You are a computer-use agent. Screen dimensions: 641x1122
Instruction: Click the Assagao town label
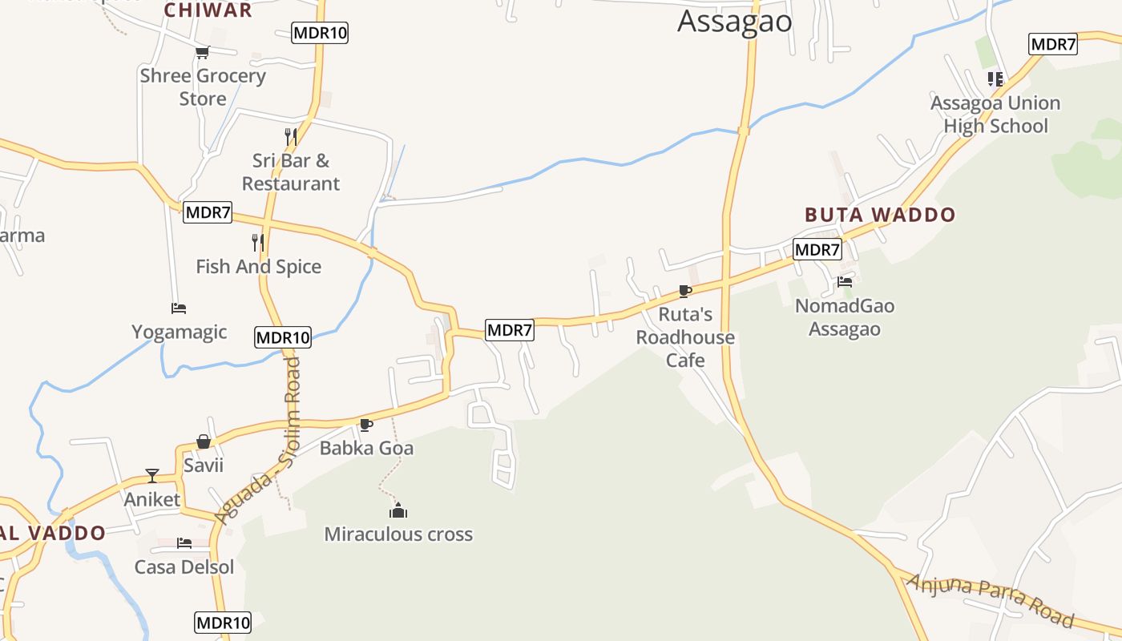[734, 22]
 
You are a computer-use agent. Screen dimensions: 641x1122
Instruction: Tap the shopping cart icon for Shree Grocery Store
[202, 53]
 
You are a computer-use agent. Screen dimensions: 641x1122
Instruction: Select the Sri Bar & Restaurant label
[290, 172]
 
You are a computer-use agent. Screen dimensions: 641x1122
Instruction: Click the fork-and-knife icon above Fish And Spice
[257, 242]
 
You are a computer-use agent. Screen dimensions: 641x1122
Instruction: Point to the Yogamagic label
[180, 332]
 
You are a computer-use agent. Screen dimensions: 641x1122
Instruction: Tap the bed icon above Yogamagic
[179, 308]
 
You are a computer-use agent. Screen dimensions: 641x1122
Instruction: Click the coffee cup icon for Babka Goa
[366, 425]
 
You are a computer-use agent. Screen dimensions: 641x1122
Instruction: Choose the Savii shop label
[204, 466]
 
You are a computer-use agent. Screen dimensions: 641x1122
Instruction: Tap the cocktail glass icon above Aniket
[152, 476]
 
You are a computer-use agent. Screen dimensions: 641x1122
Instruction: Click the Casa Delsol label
[184, 567]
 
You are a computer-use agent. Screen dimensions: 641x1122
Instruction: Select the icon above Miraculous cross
[398, 510]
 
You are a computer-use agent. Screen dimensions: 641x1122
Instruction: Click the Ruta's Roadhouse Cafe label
[685, 337]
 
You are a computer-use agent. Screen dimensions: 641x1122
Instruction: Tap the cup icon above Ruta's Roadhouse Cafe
[684, 291]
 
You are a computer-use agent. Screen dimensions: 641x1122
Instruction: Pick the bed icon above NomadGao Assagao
[845, 282]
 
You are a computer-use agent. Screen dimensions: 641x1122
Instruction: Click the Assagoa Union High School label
[995, 115]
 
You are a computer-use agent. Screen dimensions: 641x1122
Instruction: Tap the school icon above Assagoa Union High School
[995, 79]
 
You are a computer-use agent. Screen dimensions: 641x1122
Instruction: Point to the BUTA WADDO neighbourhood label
[880, 215]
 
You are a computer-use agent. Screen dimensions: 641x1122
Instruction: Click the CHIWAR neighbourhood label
[208, 10]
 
